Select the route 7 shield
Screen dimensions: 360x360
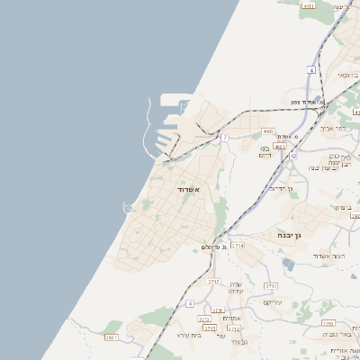(225, 138)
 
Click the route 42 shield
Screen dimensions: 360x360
(293, 156)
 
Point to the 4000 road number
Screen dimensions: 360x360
(268, 131)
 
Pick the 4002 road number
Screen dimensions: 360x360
(280, 146)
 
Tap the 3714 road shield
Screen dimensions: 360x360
(238, 245)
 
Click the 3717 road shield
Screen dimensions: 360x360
(213, 282)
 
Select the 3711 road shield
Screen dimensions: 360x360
(270, 285)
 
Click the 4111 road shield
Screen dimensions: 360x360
(309, 6)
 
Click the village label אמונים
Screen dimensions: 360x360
(231, 318)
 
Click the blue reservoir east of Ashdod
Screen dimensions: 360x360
(287, 264)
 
